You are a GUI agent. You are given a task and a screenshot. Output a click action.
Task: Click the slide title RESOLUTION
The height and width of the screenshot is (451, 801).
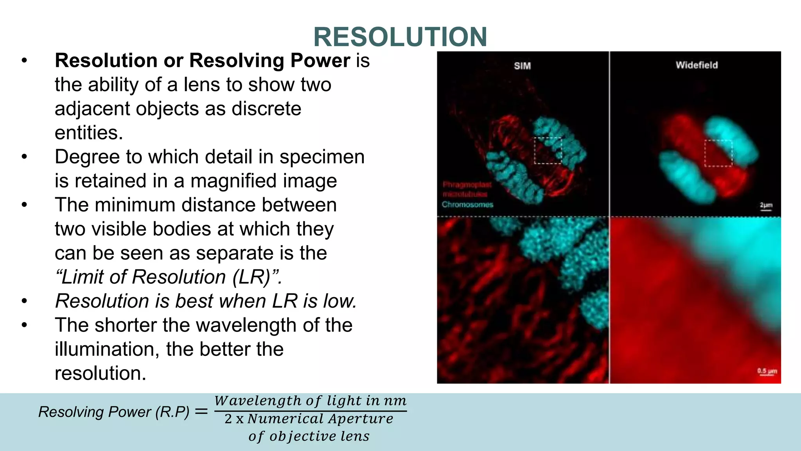[x=400, y=37]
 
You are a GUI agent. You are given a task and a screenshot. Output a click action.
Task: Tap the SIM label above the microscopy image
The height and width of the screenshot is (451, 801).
[x=522, y=66]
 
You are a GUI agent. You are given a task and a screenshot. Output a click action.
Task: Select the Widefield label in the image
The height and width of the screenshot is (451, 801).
[x=697, y=65]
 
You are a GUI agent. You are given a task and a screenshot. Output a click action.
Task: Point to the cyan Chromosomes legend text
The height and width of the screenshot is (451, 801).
[x=467, y=204]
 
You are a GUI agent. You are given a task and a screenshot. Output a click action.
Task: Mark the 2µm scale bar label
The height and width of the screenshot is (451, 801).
[x=766, y=205]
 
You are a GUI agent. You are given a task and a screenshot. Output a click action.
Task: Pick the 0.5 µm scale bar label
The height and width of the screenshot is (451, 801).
[x=767, y=370]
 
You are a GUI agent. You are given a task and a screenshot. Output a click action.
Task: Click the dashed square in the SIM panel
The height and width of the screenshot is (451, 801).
[x=548, y=150]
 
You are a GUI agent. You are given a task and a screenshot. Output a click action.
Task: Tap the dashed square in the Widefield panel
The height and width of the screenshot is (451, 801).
[x=718, y=153]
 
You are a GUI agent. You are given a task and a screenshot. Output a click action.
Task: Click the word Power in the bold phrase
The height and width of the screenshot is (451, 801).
[x=320, y=61]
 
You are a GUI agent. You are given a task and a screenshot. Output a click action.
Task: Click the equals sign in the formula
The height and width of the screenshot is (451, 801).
[x=201, y=411]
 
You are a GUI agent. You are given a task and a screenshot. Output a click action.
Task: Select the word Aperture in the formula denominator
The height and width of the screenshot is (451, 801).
[x=361, y=419]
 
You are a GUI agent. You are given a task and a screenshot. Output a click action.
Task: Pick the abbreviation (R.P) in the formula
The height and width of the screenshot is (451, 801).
[x=172, y=412]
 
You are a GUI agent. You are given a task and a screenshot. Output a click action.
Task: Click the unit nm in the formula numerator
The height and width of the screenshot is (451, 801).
[x=395, y=400]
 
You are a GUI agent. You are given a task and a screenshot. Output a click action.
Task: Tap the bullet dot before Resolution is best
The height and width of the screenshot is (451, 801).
[x=25, y=301]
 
